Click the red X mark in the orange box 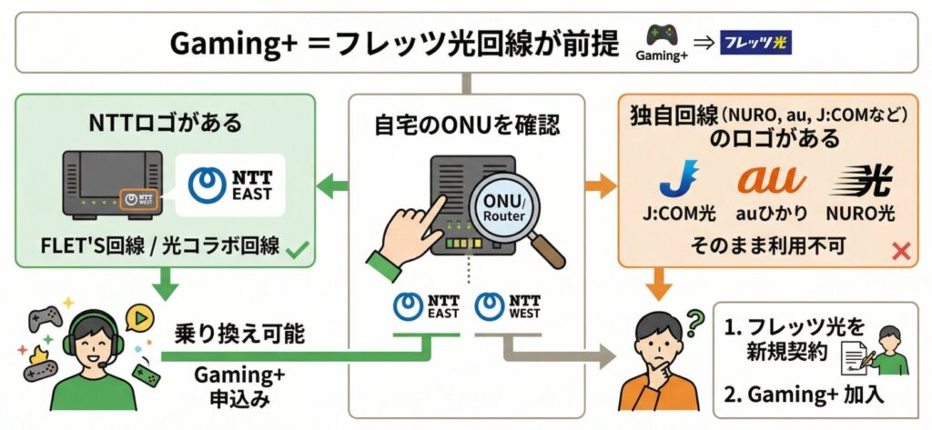point(902,252)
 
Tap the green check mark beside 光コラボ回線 point(296,246)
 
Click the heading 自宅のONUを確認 point(467,125)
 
